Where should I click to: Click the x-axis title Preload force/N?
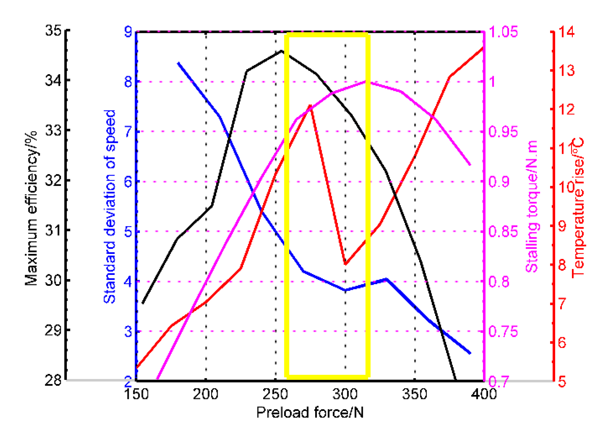tap(310, 412)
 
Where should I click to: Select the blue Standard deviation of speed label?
tap(110, 206)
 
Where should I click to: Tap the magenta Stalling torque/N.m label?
tap(532, 206)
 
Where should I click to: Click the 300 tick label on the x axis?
tap(345, 394)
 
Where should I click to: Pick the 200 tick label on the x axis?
tap(205, 394)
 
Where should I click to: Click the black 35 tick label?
tap(53, 30)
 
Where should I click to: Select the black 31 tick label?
tap(53, 230)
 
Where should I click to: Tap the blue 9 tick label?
tap(128, 31)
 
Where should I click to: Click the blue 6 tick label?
tap(128, 182)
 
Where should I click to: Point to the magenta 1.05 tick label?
tap(503, 32)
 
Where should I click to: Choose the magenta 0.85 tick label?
tap(503, 231)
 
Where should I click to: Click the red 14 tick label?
tap(566, 32)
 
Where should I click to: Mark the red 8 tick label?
tap(562, 265)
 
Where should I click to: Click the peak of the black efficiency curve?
tap(281, 51)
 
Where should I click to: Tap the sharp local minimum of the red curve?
tap(345, 264)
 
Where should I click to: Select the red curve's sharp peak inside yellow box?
tap(310, 105)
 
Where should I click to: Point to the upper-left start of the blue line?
tap(178, 63)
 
